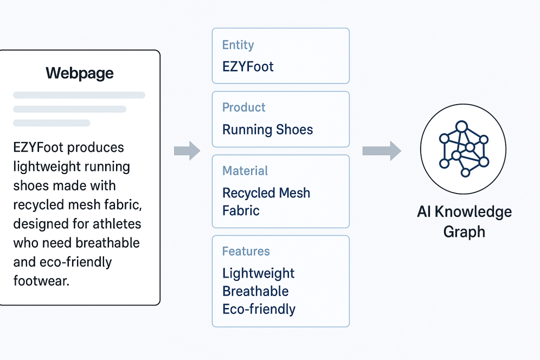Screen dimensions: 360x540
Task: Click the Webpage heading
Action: (79, 73)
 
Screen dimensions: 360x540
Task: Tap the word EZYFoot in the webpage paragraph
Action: (39, 147)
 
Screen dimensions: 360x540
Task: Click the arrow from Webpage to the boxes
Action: (186, 150)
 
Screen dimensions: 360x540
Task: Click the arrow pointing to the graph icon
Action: (381, 150)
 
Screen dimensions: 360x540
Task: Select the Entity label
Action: (238, 45)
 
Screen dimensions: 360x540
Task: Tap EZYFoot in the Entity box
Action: (248, 66)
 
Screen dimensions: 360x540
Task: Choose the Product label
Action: (243, 107)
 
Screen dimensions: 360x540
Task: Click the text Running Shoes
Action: (267, 129)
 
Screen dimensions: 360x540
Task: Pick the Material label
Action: (245, 170)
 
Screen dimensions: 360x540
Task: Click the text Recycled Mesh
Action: (266, 192)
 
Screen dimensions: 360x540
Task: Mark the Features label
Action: (246, 251)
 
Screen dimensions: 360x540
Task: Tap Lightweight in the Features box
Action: (258, 273)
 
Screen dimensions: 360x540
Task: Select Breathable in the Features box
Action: (255, 291)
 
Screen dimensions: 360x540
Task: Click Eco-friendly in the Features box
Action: (259, 309)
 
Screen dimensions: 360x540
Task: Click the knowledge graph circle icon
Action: (463, 148)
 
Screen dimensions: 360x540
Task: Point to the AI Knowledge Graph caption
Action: (464, 221)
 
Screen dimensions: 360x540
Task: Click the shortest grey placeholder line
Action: (51, 123)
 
